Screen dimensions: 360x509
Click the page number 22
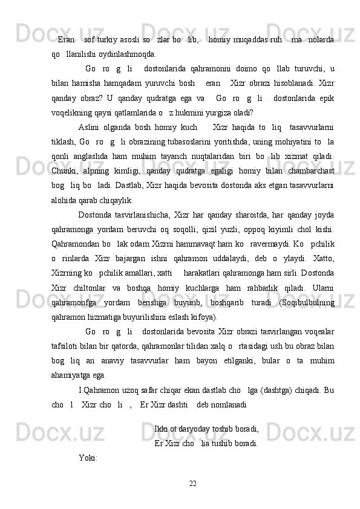193,482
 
